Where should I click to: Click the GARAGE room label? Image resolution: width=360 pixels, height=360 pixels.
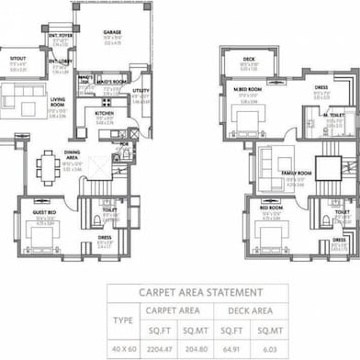(x=112, y=31)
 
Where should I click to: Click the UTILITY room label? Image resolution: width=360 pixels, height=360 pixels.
(x=139, y=91)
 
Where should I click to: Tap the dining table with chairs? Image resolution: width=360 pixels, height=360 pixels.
(x=48, y=166)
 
